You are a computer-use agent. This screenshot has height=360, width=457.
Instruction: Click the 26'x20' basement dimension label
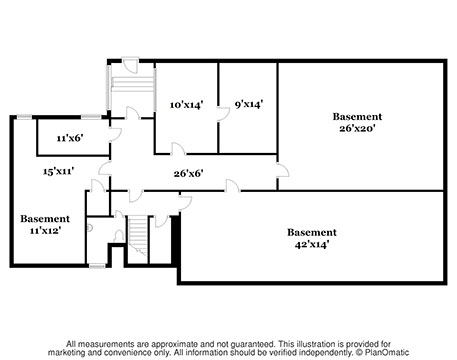point(357,128)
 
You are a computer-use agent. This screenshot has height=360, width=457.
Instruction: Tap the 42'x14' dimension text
point(312,244)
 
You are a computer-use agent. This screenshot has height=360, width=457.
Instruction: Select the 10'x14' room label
point(186,105)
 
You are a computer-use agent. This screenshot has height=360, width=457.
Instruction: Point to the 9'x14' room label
point(249,104)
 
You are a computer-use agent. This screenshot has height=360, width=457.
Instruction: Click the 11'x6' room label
point(70,138)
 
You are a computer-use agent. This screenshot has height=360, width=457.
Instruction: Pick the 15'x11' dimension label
point(58,171)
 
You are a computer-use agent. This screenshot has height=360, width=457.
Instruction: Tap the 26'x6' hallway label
point(188,173)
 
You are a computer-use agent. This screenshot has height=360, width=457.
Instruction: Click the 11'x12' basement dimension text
point(45,230)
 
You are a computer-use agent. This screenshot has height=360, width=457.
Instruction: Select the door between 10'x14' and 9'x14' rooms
point(223,114)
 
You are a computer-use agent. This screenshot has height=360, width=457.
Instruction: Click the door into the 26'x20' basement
point(283,170)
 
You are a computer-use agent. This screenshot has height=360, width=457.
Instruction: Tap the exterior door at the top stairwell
point(130,65)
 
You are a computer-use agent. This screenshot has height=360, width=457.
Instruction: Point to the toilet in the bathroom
point(118,236)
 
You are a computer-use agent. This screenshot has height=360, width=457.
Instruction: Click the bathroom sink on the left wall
point(89,228)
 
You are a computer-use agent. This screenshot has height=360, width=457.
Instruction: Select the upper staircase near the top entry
point(132,84)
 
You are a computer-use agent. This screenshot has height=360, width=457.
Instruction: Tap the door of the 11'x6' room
point(114,135)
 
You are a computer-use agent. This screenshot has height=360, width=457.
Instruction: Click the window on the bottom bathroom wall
point(97,266)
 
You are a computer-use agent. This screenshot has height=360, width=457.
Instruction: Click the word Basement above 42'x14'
point(312,232)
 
